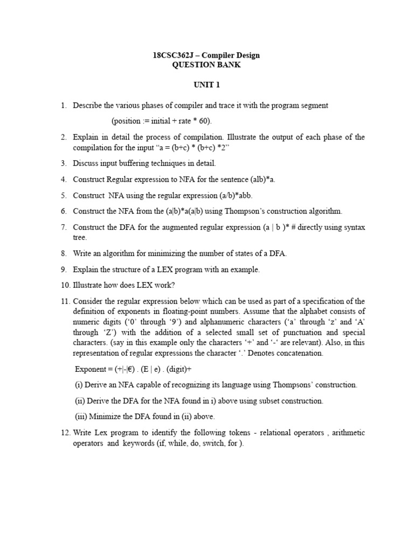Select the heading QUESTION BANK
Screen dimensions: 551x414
pos(206,65)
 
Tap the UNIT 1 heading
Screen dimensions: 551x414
pos(207,85)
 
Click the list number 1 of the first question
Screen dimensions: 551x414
pos(63,105)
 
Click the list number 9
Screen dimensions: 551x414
pos(63,270)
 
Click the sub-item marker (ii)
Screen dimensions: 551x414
pos(79,400)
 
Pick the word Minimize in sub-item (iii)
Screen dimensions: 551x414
pos(106,416)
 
